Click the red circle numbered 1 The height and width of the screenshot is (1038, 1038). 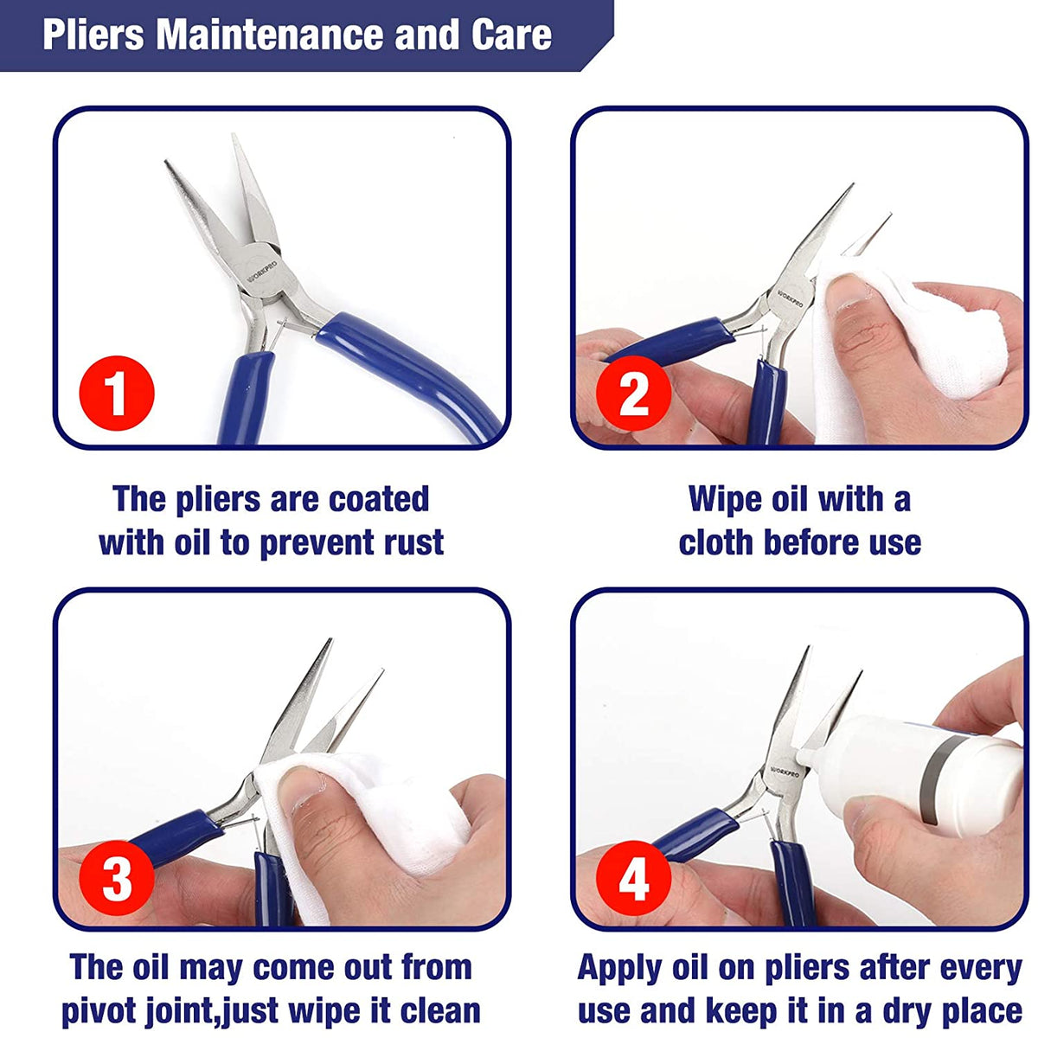coord(117,393)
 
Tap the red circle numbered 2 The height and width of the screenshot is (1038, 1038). coord(634,394)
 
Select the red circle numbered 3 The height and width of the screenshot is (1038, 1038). coord(117,877)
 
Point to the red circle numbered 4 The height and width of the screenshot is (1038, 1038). coord(634,879)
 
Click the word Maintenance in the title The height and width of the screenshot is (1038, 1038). coord(271,35)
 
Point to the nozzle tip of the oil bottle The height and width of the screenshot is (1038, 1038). coord(802,754)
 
